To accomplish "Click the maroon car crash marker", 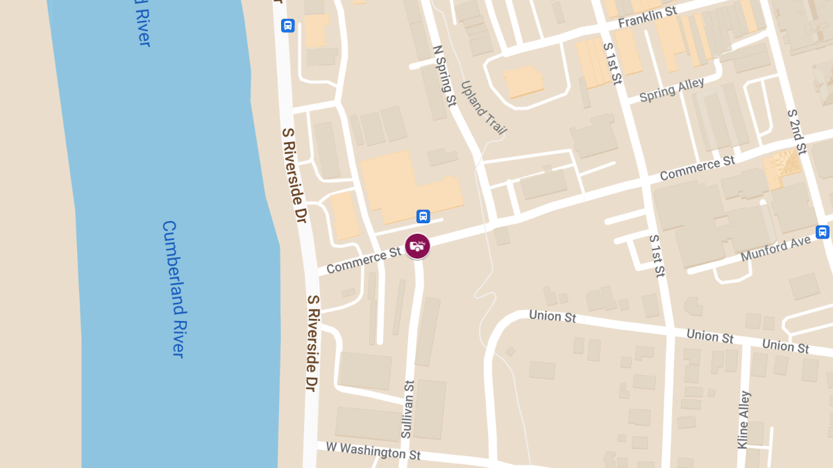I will click(x=417, y=246).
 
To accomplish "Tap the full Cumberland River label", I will click(x=174, y=288).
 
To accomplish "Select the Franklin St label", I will click(x=647, y=17).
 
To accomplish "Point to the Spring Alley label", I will click(x=671, y=90).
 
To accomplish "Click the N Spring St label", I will click(x=444, y=76).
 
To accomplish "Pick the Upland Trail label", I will click(x=483, y=107).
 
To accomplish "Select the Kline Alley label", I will click(x=743, y=419).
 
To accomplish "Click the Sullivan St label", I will click(x=407, y=409).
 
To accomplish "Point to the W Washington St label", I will click(x=373, y=451).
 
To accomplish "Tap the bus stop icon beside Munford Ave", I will click(x=823, y=232).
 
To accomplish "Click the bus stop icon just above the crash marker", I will click(x=423, y=216).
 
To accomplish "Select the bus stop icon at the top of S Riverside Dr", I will click(x=287, y=26).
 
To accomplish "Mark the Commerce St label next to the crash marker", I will click(x=364, y=261).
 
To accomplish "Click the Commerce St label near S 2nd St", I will click(x=697, y=168).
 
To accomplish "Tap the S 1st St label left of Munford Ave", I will click(x=657, y=256).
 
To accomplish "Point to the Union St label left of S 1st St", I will click(x=553, y=316).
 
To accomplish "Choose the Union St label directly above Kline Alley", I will click(x=709, y=336).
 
